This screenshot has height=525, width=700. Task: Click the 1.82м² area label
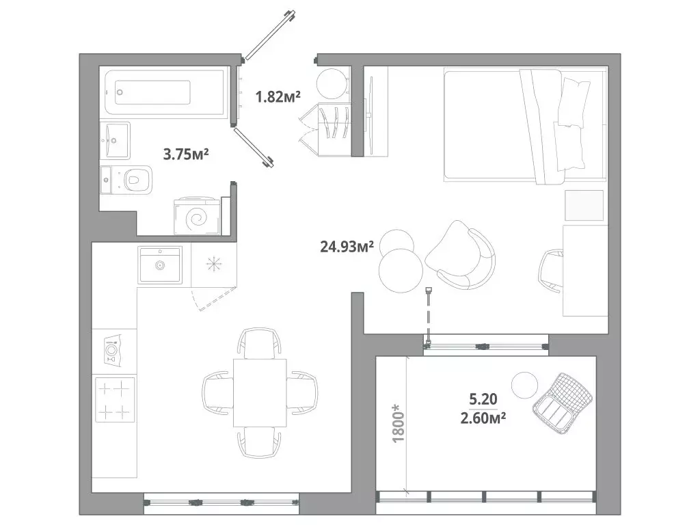(x=278, y=96)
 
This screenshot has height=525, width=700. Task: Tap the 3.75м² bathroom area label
(x=186, y=154)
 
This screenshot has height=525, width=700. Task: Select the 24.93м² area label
(x=347, y=246)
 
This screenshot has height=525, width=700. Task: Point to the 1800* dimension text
(x=398, y=422)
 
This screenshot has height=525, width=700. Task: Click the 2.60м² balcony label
(x=483, y=418)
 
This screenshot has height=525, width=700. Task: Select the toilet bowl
(x=133, y=180)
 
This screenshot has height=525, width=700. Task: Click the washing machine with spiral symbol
(x=198, y=217)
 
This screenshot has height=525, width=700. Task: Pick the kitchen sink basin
(x=160, y=265)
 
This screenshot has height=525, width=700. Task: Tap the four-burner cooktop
(x=115, y=400)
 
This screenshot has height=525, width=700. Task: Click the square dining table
(x=260, y=392)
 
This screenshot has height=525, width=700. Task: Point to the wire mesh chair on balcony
(x=563, y=403)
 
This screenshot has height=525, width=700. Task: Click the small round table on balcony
(x=524, y=386)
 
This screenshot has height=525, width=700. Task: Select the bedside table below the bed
(x=584, y=205)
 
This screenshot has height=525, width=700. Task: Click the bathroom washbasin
(x=115, y=141)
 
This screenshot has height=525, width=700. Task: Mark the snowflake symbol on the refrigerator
(x=214, y=265)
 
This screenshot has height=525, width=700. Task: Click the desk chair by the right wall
(x=551, y=271)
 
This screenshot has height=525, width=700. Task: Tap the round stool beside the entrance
(x=332, y=83)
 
